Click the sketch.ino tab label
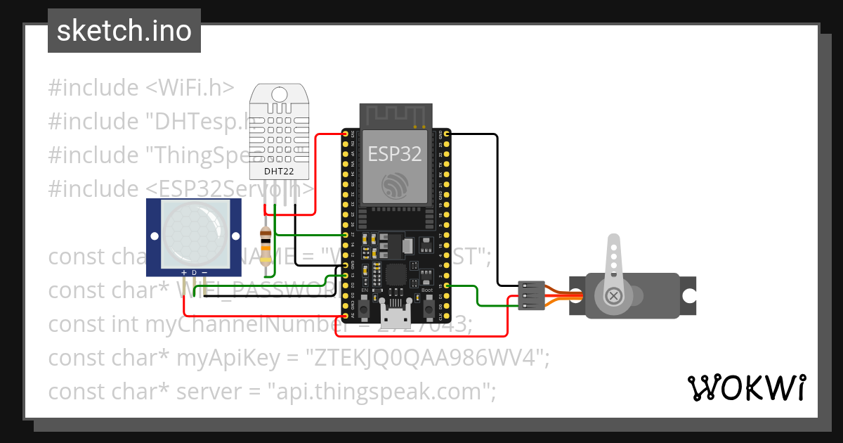[124, 31]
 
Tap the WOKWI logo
[745, 387]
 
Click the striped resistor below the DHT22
[266, 245]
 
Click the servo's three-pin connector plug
[531, 295]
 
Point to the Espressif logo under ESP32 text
[394, 185]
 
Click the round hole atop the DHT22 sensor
[279, 94]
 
